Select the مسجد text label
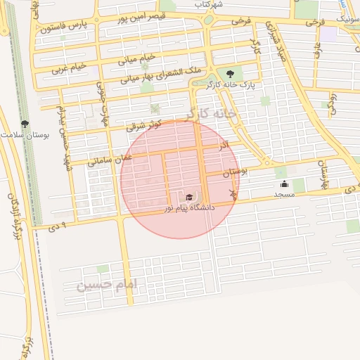pyautogui.click(x=284, y=194)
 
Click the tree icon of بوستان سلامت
pyautogui.click(x=25, y=123)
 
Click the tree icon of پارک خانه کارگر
pyautogui.click(x=229, y=72)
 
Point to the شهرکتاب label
pyautogui.click(x=210, y=4)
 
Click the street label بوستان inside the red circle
pyautogui.click(x=233, y=172)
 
